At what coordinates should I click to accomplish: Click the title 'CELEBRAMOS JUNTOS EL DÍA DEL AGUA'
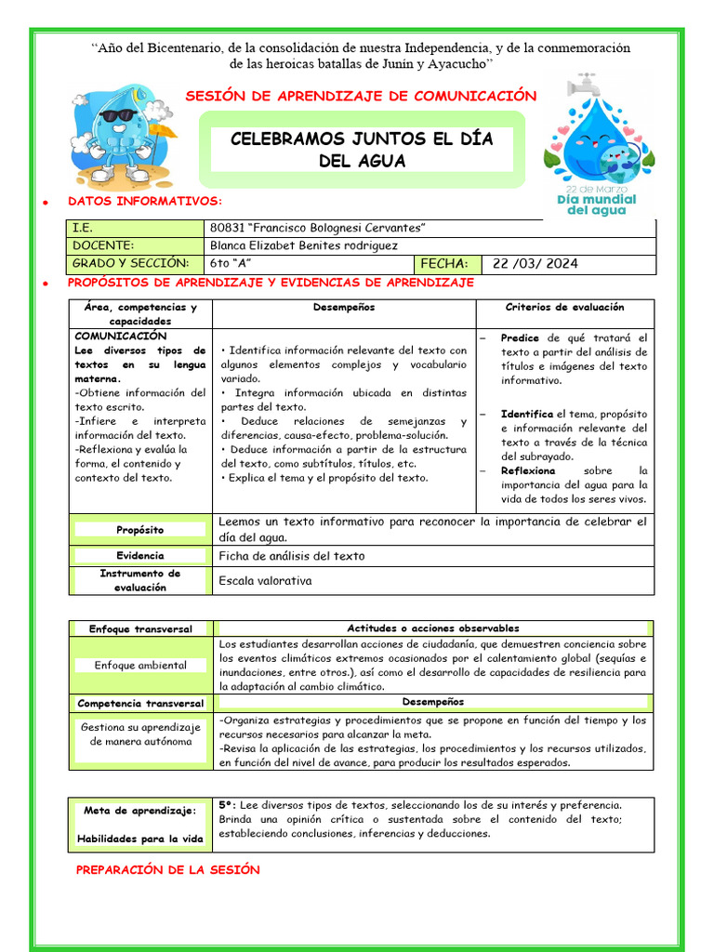(x=362, y=150)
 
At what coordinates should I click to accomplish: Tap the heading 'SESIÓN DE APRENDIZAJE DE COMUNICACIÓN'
(x=362, y=96)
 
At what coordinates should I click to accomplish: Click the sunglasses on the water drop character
(x=117, y=115)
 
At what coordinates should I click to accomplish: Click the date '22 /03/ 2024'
(x=535, y=263)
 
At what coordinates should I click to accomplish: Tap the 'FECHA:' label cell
(x=450, y=263)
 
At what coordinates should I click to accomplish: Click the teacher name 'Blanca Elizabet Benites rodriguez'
(x=304, y=245)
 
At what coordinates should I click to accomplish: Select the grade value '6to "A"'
(x=233, y=263)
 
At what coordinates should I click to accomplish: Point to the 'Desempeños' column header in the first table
(x=344, y=307)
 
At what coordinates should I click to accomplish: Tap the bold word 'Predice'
(x=520, y=337)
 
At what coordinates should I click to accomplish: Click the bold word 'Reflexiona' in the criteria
(x=527, y=470)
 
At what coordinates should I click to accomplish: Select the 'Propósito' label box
(x=140, y=529)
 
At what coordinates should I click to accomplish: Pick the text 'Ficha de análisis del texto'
(x=291, y=556)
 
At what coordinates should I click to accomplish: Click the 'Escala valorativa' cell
(x=265, y=581)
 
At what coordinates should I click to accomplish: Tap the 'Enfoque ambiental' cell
(x=140, y=665)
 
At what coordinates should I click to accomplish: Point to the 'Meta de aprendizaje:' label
(x=140, y=811)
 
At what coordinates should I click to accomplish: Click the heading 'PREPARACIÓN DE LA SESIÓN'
(x=167, y=870)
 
